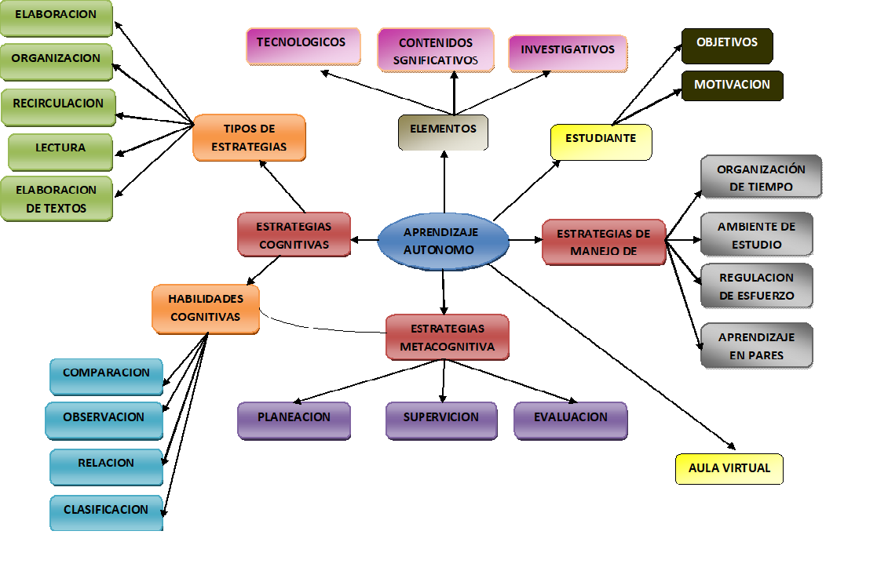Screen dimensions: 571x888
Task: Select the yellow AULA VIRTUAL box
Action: (x=729, y=469)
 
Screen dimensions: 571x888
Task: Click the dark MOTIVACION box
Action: (x=732, y=85)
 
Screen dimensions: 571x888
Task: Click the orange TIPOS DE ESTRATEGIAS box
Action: (x=249, y=138)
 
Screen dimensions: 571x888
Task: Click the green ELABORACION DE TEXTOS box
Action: (x=56, y=199)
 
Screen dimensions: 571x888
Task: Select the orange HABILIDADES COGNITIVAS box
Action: (x=206, y=308)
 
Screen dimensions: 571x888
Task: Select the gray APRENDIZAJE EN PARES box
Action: (x=756, y=346)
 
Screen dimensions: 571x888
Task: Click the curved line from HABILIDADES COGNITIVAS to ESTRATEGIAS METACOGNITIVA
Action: (x=314, y=322)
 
